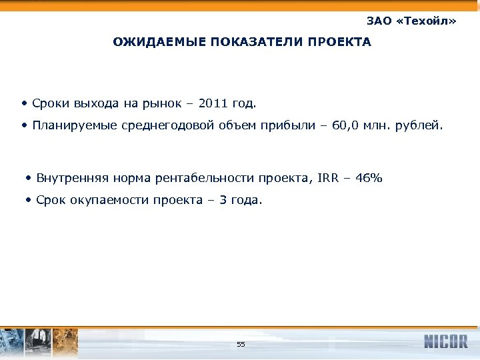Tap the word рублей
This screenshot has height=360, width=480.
[419, 125]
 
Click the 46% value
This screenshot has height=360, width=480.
[369, 178]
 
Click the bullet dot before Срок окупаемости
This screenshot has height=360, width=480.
[27, 199]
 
